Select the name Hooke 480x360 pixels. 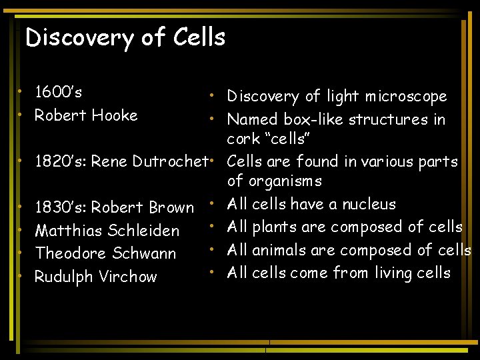tap(114, 115)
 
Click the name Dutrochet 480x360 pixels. tap(170, 161)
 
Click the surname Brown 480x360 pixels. tap(171, 207)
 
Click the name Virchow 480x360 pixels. tap(129, 277)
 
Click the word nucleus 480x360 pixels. tap(369, 204)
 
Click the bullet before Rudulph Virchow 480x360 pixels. tap(23, 275)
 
